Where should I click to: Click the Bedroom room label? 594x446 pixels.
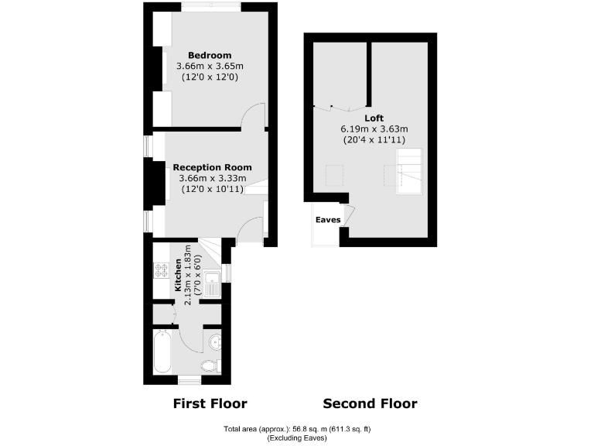pos(210,55)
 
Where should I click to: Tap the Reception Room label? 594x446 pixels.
pos(212,167)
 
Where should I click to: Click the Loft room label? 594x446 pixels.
pos(374,118)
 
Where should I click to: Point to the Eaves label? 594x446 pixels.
pos(328,220)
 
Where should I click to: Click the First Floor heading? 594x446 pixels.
pos(210,403)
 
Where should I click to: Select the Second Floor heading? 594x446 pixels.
pos(370,403)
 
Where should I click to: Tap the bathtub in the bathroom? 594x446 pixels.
pos(162,351)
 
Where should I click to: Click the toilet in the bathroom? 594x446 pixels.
pos(210,366)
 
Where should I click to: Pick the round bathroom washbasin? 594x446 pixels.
pos(214,341)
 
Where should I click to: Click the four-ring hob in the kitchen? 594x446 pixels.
pos(162,271)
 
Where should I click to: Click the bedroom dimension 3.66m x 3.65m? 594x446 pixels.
pos(210,66)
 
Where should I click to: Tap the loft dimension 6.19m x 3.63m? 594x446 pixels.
pos(374,129)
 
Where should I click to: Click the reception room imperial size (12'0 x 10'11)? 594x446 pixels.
pos(212,189)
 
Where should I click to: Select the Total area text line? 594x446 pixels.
pos(297,429)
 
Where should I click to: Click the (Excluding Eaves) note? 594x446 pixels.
pos(297,438)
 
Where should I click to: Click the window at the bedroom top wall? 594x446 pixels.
pos(211,7)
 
